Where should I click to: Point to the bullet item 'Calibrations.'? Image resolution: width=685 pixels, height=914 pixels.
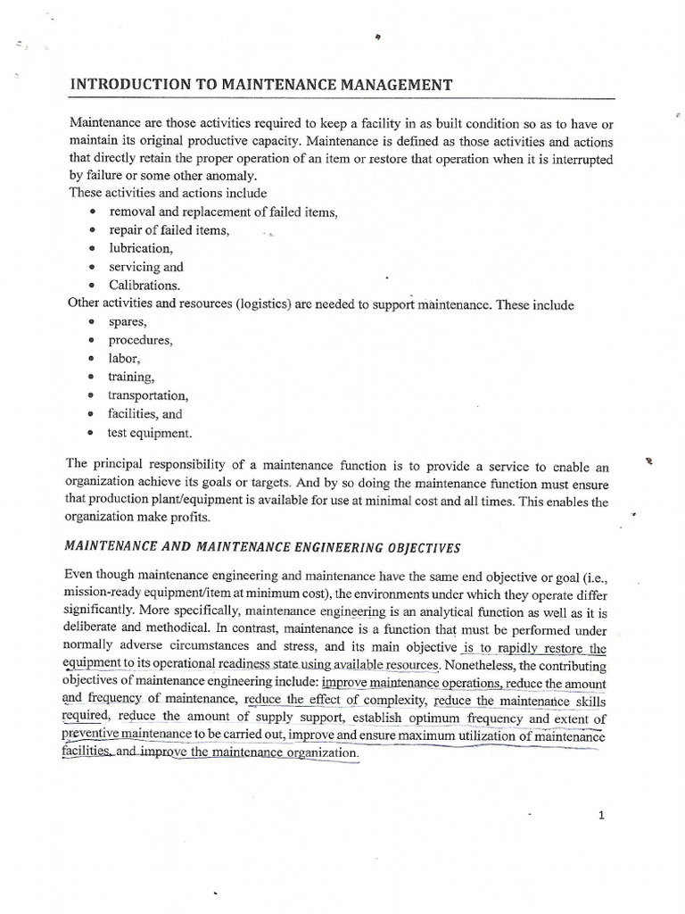click(144, 286)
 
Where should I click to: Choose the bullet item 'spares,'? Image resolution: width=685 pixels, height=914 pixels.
click(128, 321)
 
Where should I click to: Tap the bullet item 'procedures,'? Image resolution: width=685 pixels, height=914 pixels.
click(141, 340)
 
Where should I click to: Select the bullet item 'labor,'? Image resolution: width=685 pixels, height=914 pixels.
click(125, 358)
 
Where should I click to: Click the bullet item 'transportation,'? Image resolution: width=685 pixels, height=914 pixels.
click(149, 395)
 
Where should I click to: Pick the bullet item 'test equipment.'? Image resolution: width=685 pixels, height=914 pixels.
click(150, 433)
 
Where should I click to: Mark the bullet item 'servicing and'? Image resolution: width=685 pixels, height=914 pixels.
click(146, 267)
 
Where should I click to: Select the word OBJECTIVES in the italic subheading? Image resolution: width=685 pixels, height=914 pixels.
click(388, 546)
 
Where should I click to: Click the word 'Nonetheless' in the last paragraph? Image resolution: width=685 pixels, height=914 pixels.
click(483, 666)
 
